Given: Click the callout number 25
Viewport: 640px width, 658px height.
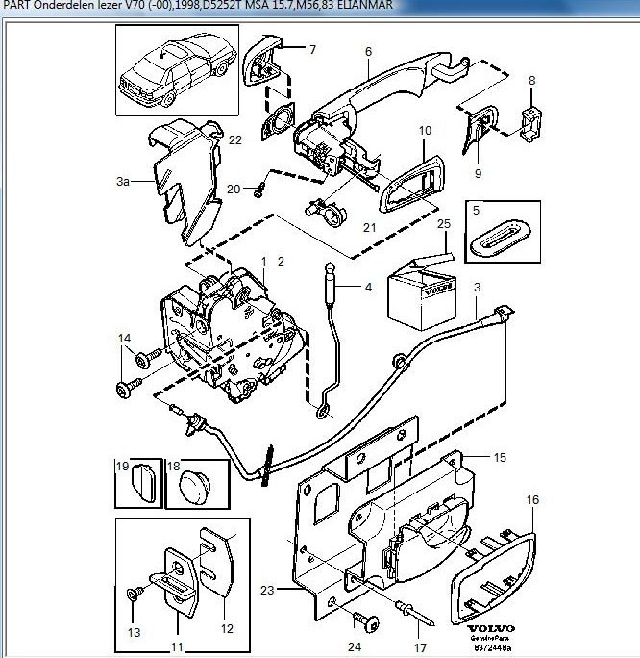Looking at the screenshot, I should [443, 224].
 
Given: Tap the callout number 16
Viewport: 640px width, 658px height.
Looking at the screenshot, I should [533, 499].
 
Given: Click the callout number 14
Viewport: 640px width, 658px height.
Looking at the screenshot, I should [124, 338].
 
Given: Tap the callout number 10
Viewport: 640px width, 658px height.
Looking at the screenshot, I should [426, 129].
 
